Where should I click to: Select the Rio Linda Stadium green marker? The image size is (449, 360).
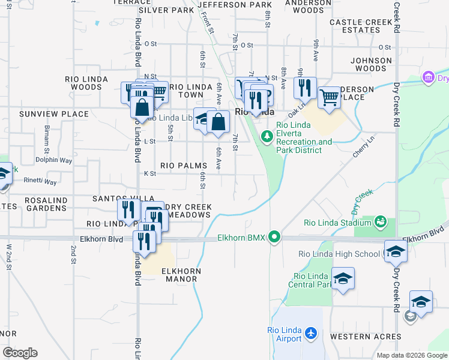[380, 223]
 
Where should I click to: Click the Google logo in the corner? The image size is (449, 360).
[20, 353]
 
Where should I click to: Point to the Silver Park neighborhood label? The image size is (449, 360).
[162, 10]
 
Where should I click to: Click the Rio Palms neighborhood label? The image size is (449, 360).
[184, 165]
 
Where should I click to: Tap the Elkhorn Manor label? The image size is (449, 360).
[181, 275]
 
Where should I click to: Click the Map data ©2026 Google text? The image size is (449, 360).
[412, 355]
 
